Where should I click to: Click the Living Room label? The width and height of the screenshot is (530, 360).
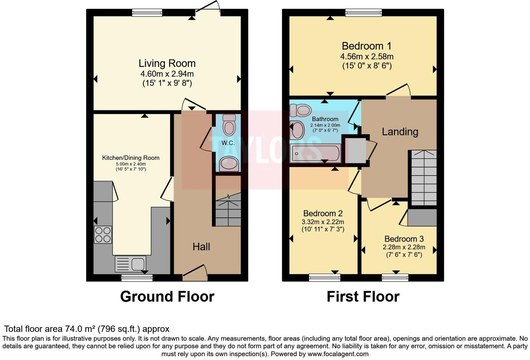tap(167, 63)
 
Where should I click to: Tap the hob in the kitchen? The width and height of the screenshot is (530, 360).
tap(103, 234)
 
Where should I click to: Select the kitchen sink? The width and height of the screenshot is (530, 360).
tap(130, 264)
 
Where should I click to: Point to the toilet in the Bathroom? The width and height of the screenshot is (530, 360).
tap(301, 110)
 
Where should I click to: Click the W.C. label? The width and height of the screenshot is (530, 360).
tap(228, 143)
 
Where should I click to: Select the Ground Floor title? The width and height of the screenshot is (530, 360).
tap(167, 297)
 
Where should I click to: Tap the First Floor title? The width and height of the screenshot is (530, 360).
tap(363, 297)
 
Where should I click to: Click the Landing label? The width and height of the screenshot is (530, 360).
tap(400, 132)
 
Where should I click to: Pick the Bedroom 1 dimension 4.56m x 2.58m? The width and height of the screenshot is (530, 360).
tap(367, 57)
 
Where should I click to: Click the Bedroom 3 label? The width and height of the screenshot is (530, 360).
tap(404, 239)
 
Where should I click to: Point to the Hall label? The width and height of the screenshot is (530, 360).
tap(201, 247)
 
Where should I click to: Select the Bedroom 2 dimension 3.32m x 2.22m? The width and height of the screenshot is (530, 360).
tap(323, 222)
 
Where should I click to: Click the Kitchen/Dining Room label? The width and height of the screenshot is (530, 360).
tap(131, 158)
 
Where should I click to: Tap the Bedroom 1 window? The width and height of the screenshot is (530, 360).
tap(363, 13)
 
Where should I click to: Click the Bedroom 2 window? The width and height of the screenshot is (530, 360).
tap(325, 278)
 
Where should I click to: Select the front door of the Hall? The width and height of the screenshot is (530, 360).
tap(195, 277)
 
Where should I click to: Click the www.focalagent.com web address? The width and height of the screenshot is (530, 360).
tap(338, 354)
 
